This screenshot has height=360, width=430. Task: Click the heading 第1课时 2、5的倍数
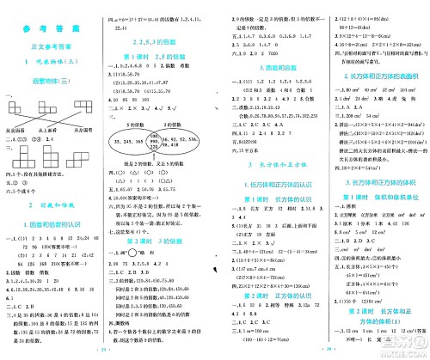tap(160, 54)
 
